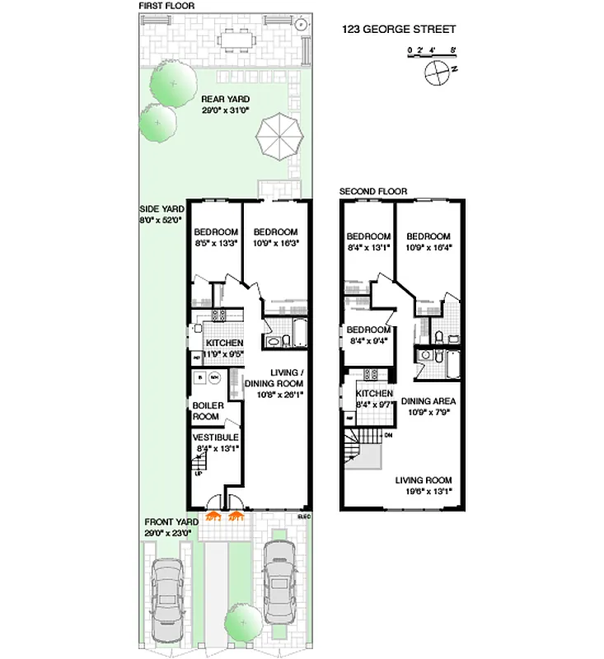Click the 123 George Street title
click(x=398, y=29)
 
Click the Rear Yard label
click(x=225, y=104)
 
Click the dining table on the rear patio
click(x=240, y=39)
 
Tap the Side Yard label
click(x=161, y=215)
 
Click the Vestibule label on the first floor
click(x=215, y=442)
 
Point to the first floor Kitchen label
click(x=223, y=348)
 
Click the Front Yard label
click(x=171, y=527)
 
